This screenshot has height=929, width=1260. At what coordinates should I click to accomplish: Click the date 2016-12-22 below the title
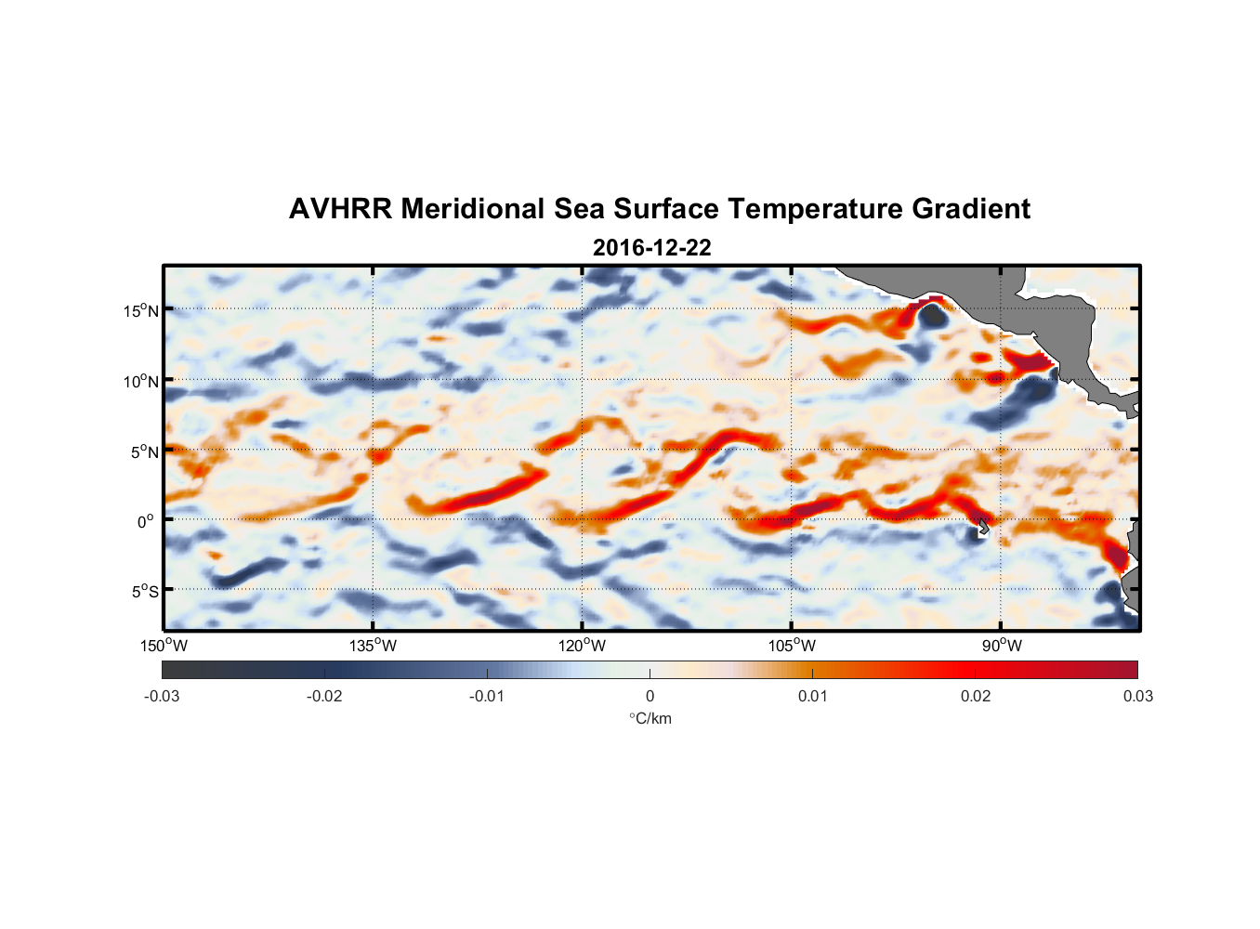(x=651, y=248)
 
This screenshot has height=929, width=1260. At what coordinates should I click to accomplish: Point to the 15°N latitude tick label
(x=141, y=310)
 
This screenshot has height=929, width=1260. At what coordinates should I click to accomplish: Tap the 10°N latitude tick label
(x=141, y=381)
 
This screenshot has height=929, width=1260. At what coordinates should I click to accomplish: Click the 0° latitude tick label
(x=145, y=521)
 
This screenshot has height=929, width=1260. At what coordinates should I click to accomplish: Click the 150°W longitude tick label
(x=164, y=646)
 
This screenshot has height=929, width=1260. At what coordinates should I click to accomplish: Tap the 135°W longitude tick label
(x=373, y=646)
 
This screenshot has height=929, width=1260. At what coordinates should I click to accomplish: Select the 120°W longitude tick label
(x=582, y=646)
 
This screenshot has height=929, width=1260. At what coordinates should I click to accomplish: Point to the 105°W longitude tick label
(x=792, y=646)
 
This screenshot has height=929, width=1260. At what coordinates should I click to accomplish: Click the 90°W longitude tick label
(x=1001, y=646)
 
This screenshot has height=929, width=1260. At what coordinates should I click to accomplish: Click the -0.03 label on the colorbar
(x=162, y=696)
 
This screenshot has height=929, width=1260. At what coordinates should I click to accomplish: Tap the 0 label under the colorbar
(x=650, y=696)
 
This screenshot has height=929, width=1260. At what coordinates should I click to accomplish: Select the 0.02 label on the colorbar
(x=975, y=696)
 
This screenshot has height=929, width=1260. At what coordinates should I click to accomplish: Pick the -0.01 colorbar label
(x=487, y=696)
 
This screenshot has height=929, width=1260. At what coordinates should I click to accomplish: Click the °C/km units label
(x=650, y=718)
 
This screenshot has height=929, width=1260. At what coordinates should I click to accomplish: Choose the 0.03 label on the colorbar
(x=1137, y=696)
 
